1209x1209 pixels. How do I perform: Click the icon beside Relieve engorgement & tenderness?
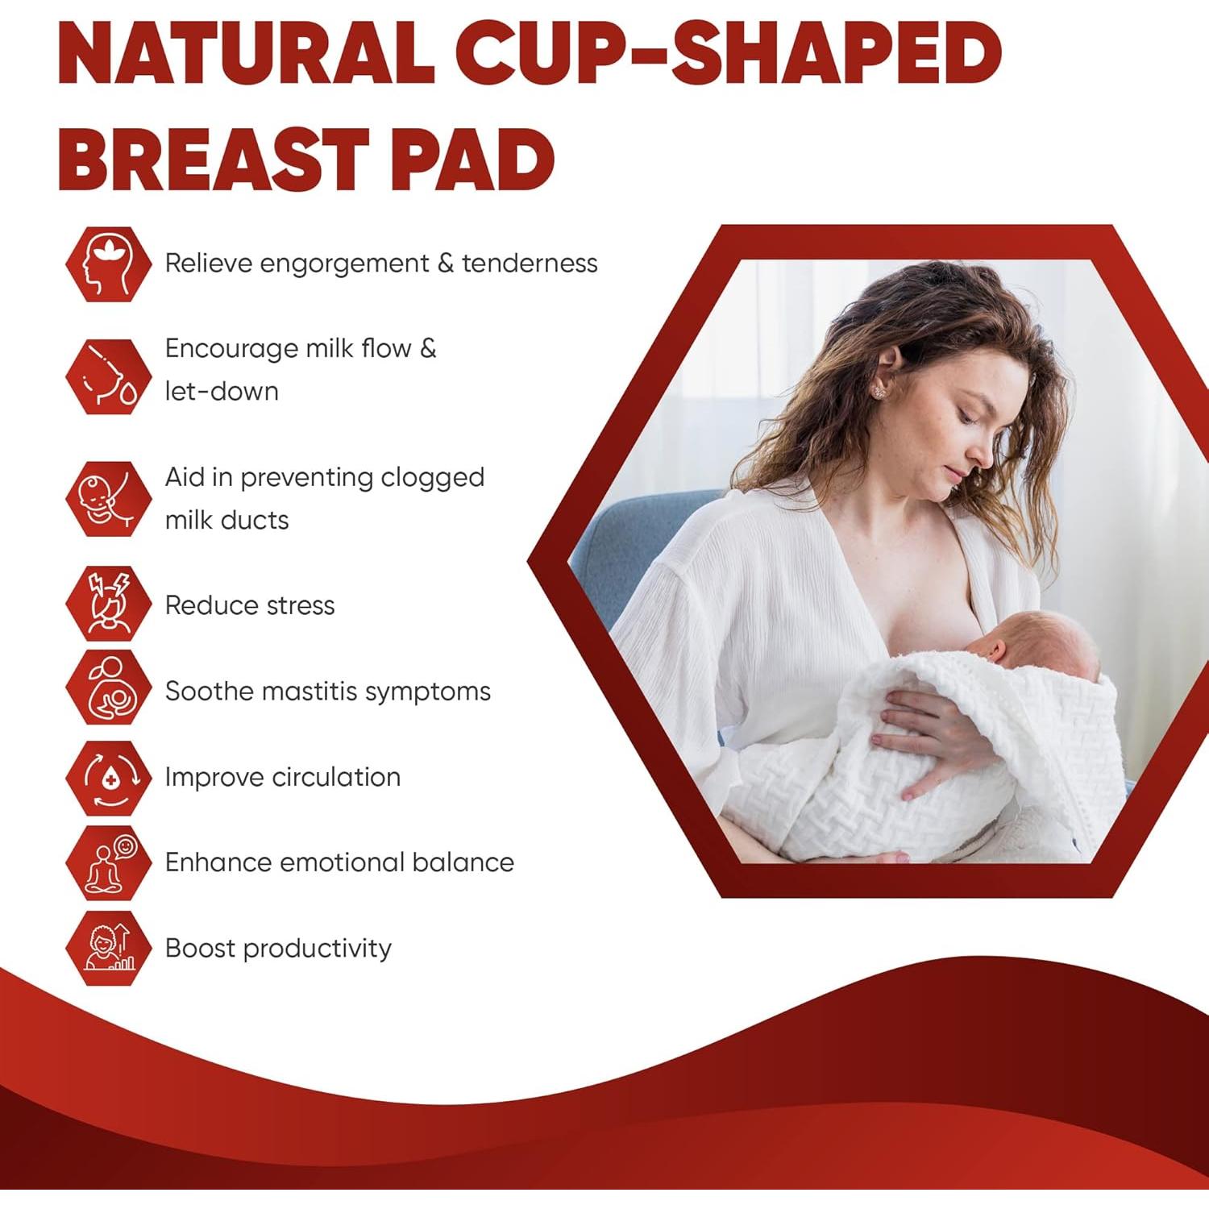pyautogui.click(x=108, y=264)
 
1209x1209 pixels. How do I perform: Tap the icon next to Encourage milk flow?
pyautogui.click(x=108, y=376)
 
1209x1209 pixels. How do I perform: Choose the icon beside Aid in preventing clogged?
pyautogui.click(x=108, y=499)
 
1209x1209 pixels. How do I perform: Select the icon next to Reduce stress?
pyautogui.click(x=108, y=604)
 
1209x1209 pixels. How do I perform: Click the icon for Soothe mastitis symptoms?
pyautogui.click(x=108, y=688)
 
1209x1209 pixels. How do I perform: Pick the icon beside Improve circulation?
pyautogui.click(x=108, y=778)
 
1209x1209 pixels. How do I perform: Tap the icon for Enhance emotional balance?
pyautogui.click(x=108, y=862)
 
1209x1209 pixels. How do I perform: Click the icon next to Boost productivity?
pyautogui.click(x=108, y=948)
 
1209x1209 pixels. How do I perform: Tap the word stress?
pyautogui.click(x=300, y=606)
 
